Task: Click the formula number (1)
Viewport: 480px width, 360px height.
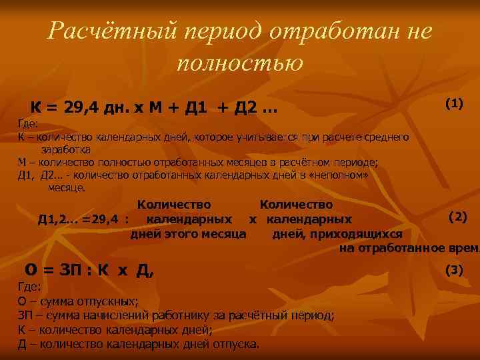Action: [454, 103]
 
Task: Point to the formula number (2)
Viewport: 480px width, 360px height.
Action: [458, 216]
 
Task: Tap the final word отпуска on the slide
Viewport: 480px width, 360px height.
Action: [235, 344]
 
